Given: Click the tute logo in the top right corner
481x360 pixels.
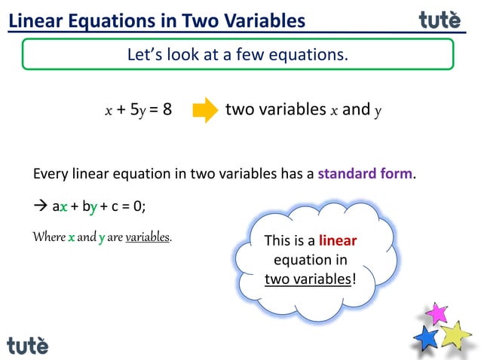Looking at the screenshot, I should pyautogui.click(x=440, y=20).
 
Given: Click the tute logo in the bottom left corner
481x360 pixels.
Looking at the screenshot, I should pyautogui.click(x=28, y=346).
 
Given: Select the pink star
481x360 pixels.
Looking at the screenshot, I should pyautogui.click(x=437, y=313).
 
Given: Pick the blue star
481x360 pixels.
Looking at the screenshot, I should pyautogui.click(x=427, y=337).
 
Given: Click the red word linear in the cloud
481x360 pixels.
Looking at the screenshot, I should pyautogui.click(x=337, y=241).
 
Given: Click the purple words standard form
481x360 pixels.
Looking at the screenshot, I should pyautogui.click(x=366, y=174).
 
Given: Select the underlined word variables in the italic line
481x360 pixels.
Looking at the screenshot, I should pyautogui.click(x=148, y=237).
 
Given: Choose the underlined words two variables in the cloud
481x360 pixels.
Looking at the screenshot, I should pyautogui.click(x=309, y=279).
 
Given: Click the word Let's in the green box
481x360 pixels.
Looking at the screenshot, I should pyautogui.click(x=144, y=54).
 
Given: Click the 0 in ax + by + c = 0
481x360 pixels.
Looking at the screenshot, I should pyautogui.click(x=137, y=206).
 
